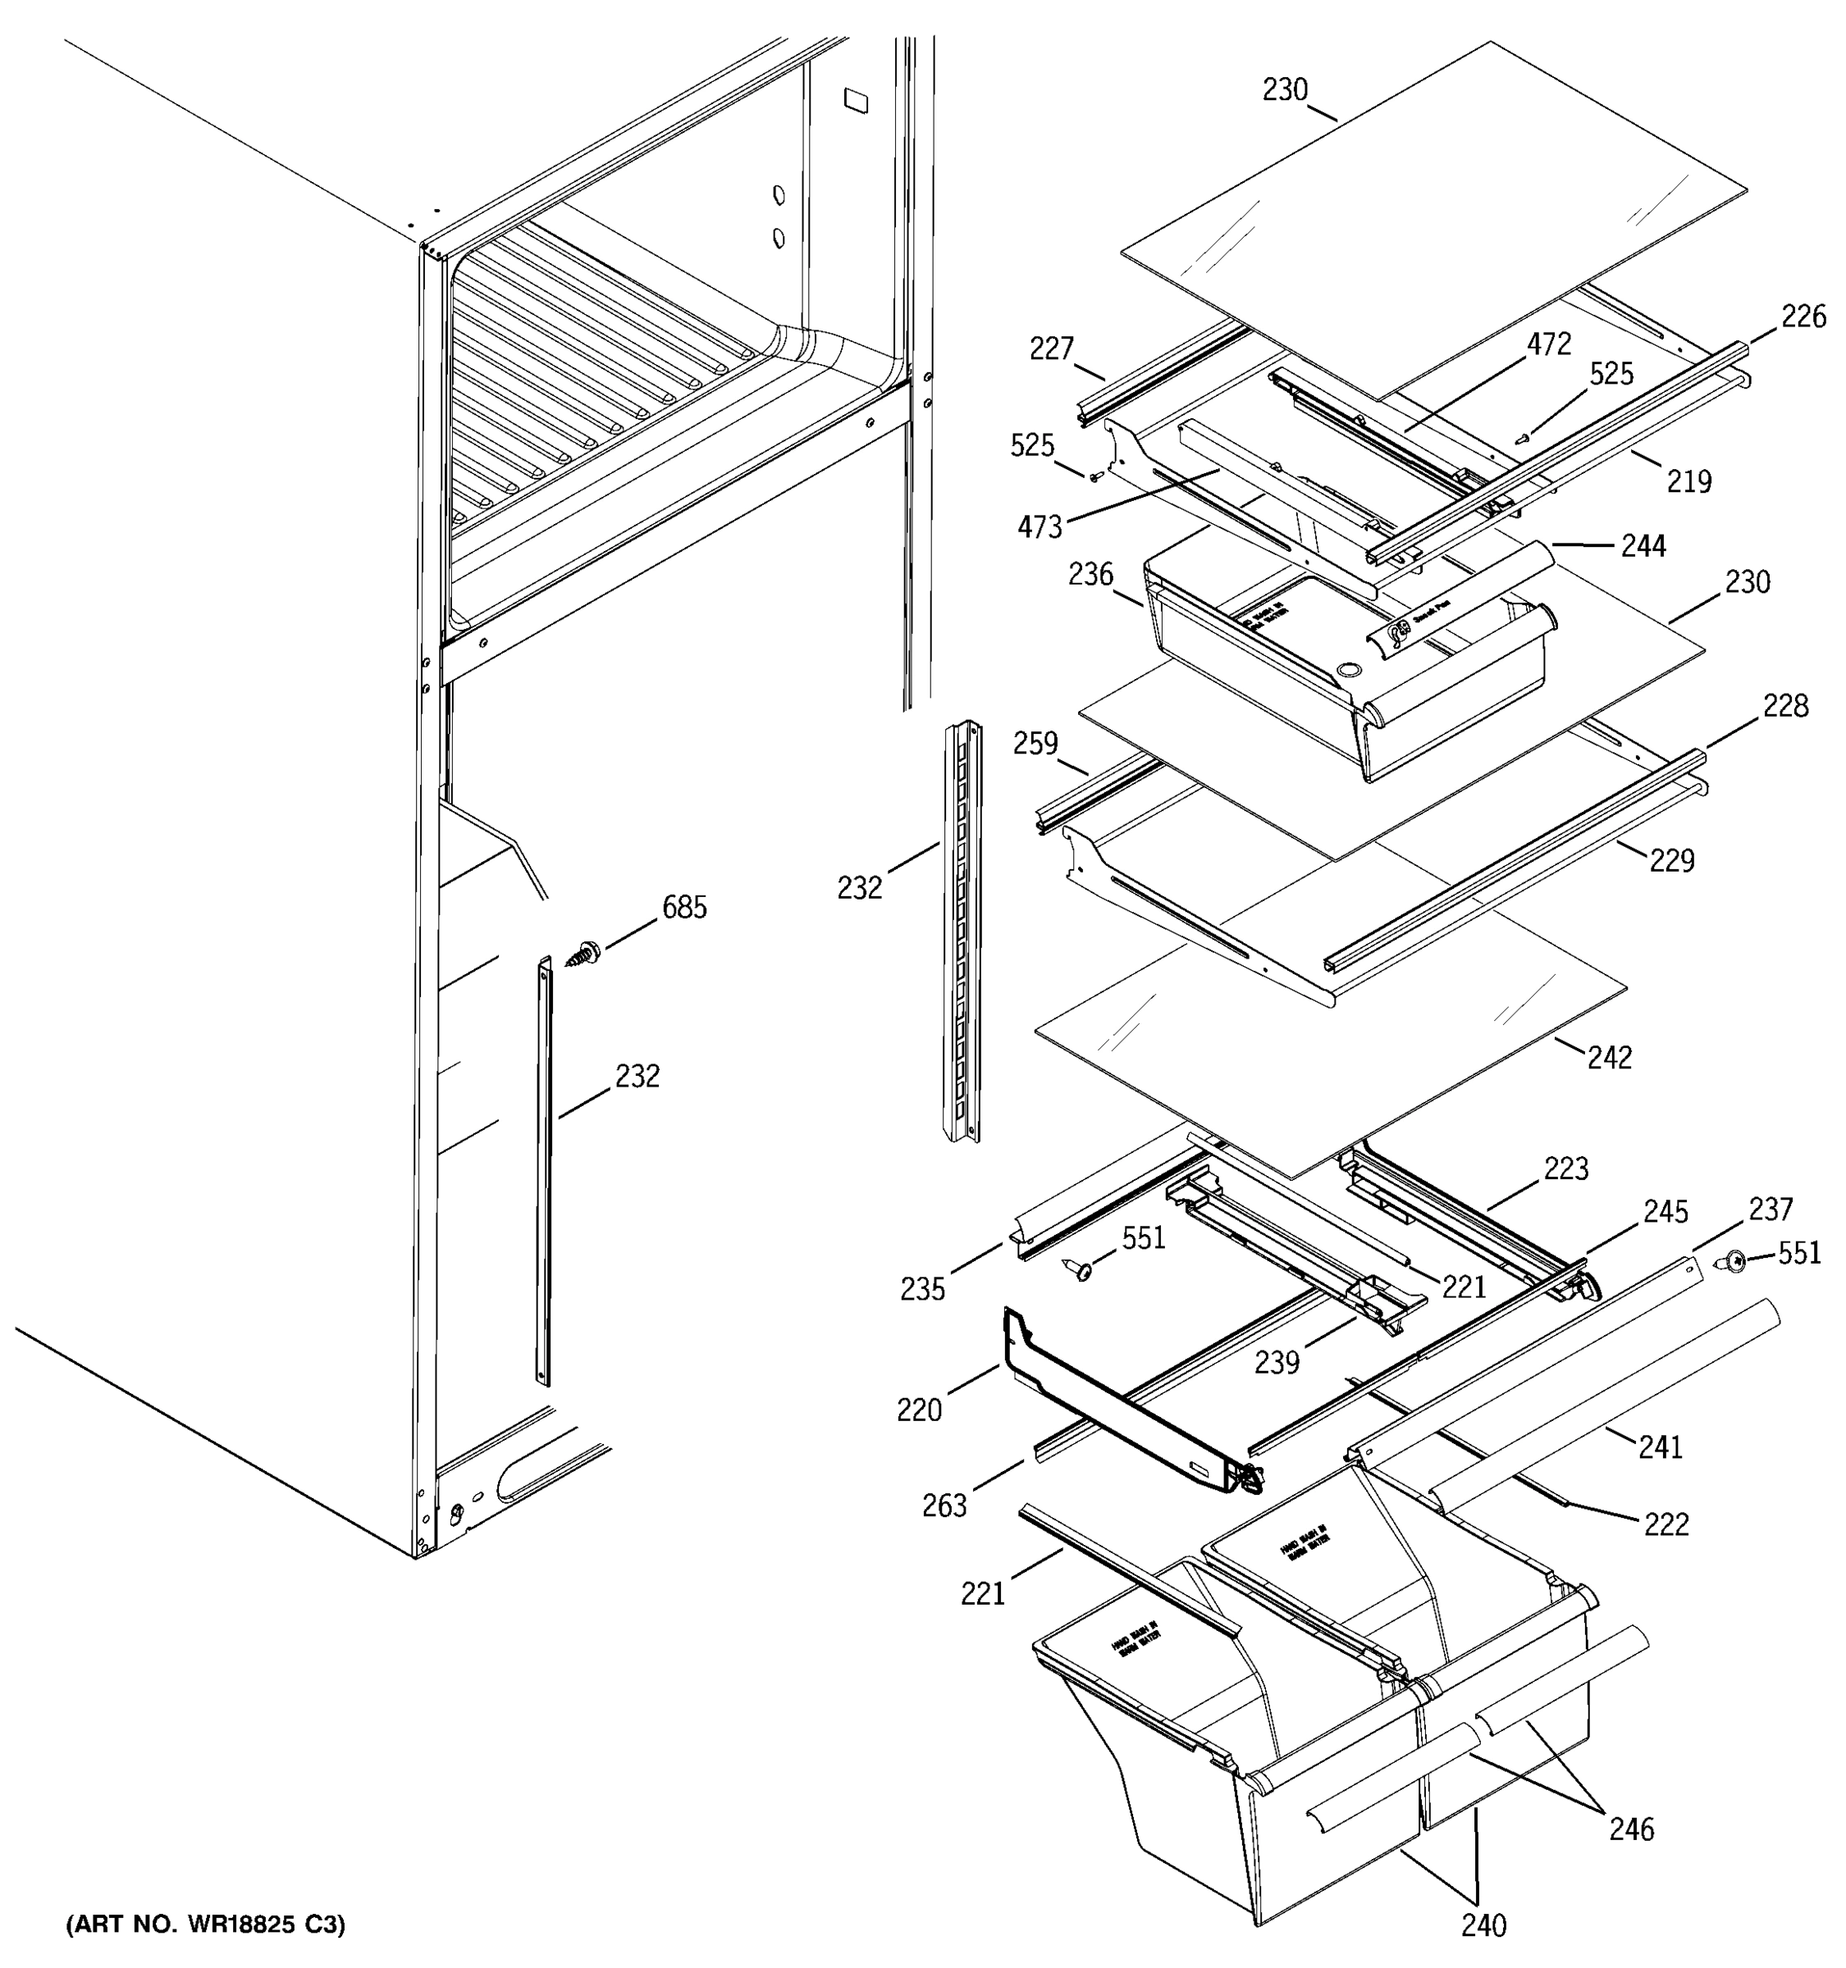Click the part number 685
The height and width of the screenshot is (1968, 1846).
click(685, 908)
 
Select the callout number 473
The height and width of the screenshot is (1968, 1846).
click(1040, 526)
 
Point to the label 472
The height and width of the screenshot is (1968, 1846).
click(1549, 344)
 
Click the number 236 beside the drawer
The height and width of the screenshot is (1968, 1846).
click(1090, 574)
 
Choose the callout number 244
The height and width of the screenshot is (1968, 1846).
click(1644, 545)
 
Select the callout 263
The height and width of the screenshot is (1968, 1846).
click(944, 1506)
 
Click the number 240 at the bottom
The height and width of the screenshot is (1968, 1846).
click(1483, 1925)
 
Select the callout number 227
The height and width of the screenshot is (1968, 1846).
click(1052, 348)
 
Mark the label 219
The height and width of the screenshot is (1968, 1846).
click(1688, 481)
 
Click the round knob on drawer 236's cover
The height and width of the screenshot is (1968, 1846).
click(1346, 672)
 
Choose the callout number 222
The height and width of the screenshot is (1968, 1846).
click(1667, 1524)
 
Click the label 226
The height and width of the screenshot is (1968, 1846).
click(1803, 317)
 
